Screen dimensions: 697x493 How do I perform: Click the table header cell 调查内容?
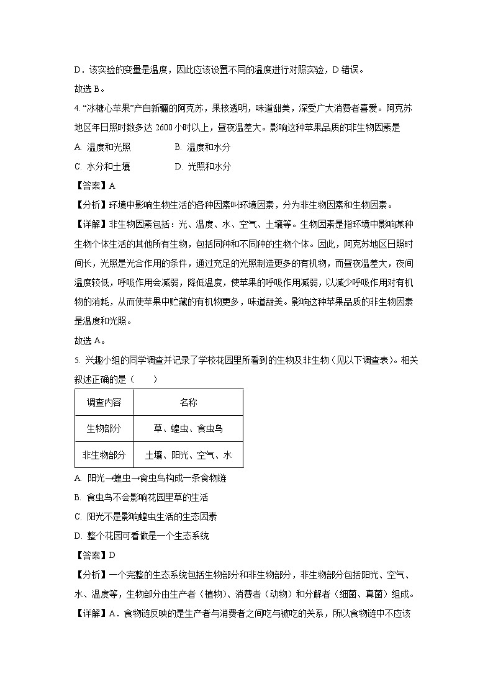[x=104, y=402]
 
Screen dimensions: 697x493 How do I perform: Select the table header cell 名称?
[x=188, y=402]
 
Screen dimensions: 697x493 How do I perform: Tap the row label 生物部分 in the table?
[x=104, y=428]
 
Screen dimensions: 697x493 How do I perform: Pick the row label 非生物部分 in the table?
[x=104, y=454]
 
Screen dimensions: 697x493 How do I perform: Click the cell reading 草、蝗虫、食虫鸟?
[x=188, y=428]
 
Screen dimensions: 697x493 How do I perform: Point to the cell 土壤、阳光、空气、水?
[x=188, y=454]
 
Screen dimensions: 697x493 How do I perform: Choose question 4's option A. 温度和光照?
[x=102, y=147]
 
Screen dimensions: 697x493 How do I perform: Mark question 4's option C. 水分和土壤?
[x=102, y=166]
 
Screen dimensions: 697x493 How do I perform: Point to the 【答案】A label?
[x=95, y=186]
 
